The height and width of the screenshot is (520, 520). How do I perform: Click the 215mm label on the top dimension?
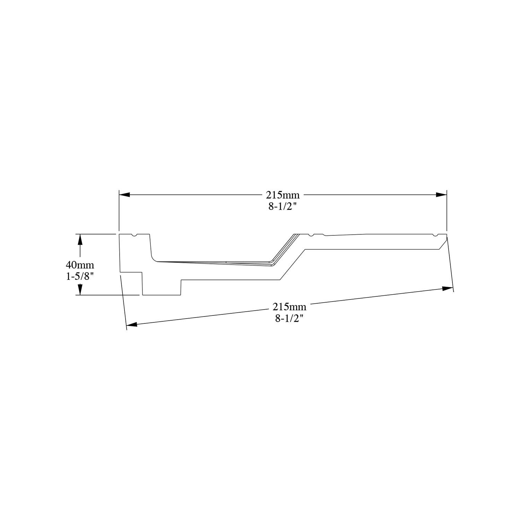pyautogui.click(x=283, y=195)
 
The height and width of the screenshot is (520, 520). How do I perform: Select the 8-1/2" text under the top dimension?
pyautogui.click(x=283, y=207)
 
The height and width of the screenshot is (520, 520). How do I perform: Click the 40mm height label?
pyautogui.click(x=80, y=265)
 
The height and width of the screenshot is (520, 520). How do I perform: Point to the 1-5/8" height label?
pyautogui.click(x=80, y=277)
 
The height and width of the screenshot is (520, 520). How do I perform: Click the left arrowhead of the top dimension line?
pyautogui.click(x=124, y=195)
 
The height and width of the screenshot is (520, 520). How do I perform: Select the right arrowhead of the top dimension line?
pyautogui.click(x=441, y=195)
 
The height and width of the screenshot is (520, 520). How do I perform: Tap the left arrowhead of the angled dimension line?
pyautogui.click(x=132, y=324)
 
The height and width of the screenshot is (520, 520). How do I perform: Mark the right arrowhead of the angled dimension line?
pyautogui.click(x=448, y=288)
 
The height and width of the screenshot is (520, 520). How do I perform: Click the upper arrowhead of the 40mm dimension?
pyautogui.click(x=80, y=240)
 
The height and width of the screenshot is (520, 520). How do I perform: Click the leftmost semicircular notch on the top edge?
pyautogui.click(x=134, y=236)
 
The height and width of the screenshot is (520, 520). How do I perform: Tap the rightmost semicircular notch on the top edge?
pyautogui.click(x=434, y=236)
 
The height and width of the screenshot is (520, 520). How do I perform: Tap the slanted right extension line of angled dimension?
pyautogui.click(x=450, y=263)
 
